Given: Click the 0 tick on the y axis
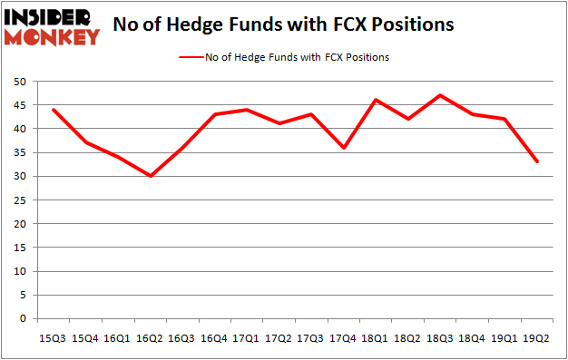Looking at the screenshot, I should click(22, 318).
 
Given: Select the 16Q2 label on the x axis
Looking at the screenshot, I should click(150, 337).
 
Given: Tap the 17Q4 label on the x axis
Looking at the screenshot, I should click(344, 337).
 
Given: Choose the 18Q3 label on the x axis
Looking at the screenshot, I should click(441, 337).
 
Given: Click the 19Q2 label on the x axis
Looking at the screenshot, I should click(538, 337).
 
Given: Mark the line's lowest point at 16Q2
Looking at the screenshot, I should click(151, 176).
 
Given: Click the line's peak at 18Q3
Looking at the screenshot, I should click(441, 95).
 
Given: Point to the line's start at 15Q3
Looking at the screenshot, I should click(54, 110).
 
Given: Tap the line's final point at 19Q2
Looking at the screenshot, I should click(538, 161).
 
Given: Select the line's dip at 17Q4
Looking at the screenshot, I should click(344, 148).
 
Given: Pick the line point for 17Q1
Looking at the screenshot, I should click(247, 110).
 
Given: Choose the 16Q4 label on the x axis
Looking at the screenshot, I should click(214, 337).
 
